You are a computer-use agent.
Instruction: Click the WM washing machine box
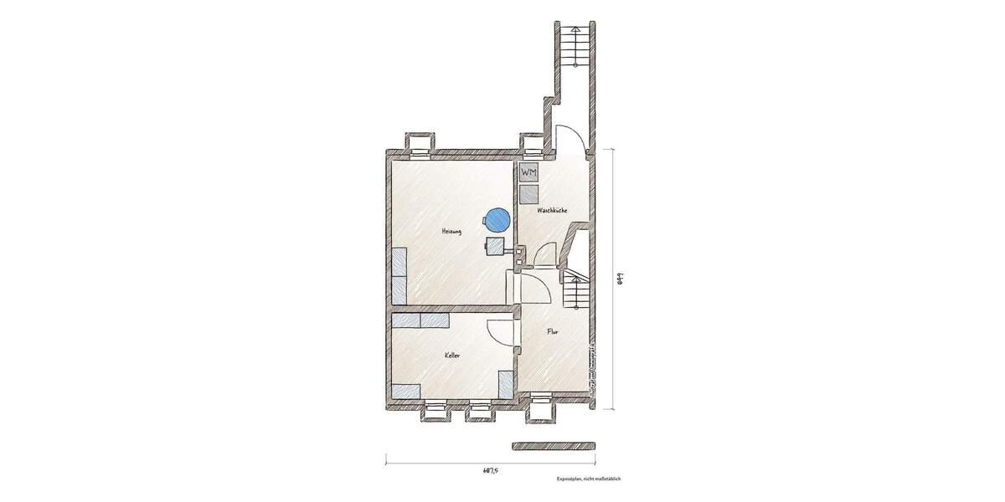pyautogui.click(x=529, y=172)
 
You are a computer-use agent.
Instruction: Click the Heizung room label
pyautogui.click(x=452, y=231)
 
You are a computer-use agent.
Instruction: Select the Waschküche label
pyautogui.click(x=554, y=211)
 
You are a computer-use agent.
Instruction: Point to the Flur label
pyautogui.click(x=553, y=332)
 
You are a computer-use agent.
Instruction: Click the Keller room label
pyautogui.click(x=453, y=356)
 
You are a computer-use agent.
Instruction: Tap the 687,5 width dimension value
pyautogui.click(x=492, y=471)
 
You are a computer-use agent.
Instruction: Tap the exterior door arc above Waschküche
pyautogui.click(x=567, y=138)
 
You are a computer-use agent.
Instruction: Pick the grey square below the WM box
pyautogui.click(x=529, y=195)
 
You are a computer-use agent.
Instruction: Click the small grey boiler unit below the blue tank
pyautogui.click(x=495, y=244)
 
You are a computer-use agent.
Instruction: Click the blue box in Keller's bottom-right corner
pyautogui.click(x=506, y=384)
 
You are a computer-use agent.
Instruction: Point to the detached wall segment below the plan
pyautogui.click(x=553, y=445)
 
